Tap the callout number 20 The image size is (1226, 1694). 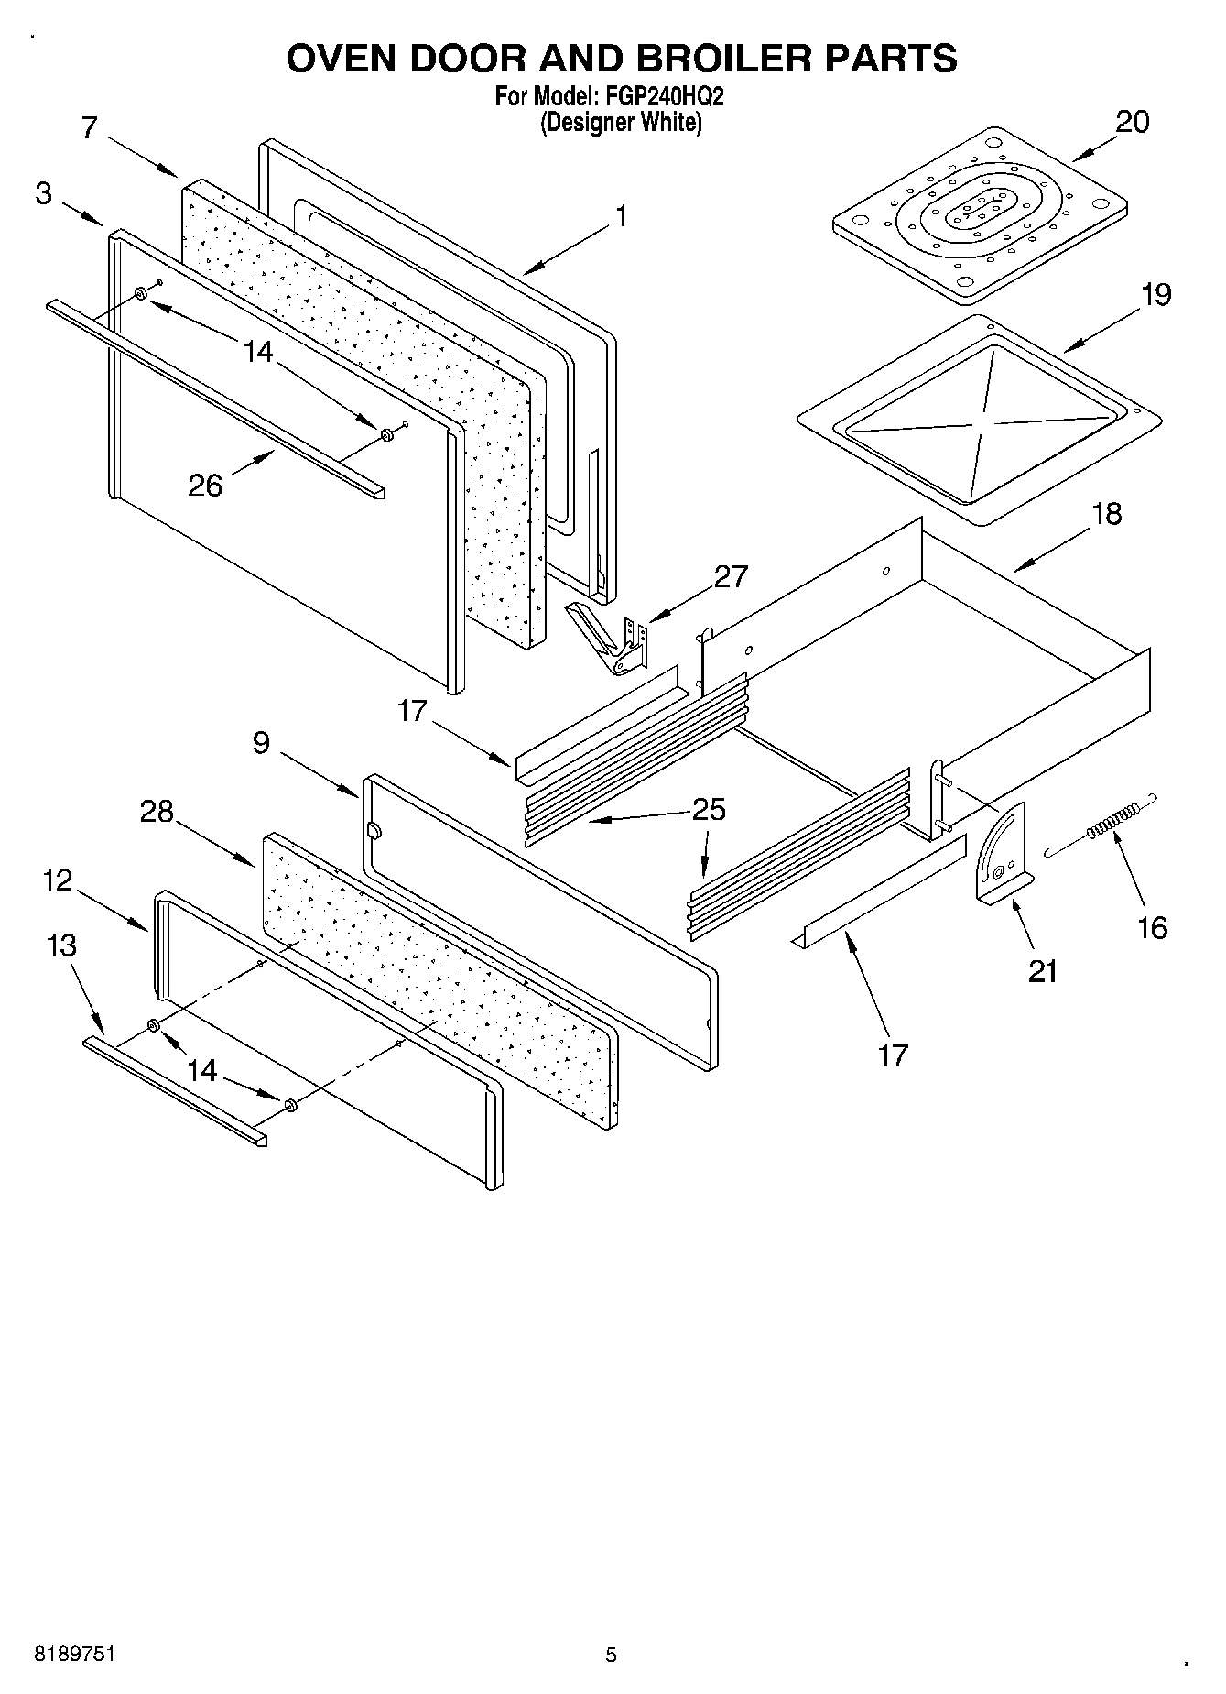[x=1132, y=122]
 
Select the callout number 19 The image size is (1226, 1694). [x=1155, y=295]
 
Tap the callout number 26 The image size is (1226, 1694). [x=205, y=485]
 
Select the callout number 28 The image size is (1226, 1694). [x=157, y=811]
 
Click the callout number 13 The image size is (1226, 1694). [x=61, y=945]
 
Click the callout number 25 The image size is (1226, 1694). [x=708, y=810]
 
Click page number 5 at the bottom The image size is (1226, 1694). [x=612, y=1655]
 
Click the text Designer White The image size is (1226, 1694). [x=621, y=122]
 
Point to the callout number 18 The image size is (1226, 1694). [x=1106, y=514]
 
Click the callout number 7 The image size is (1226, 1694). [x=89, y=127]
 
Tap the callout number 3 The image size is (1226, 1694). [x=44, y=194]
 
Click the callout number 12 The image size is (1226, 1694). [x=57, y=881]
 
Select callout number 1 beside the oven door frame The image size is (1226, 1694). [x=621, y=217]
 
